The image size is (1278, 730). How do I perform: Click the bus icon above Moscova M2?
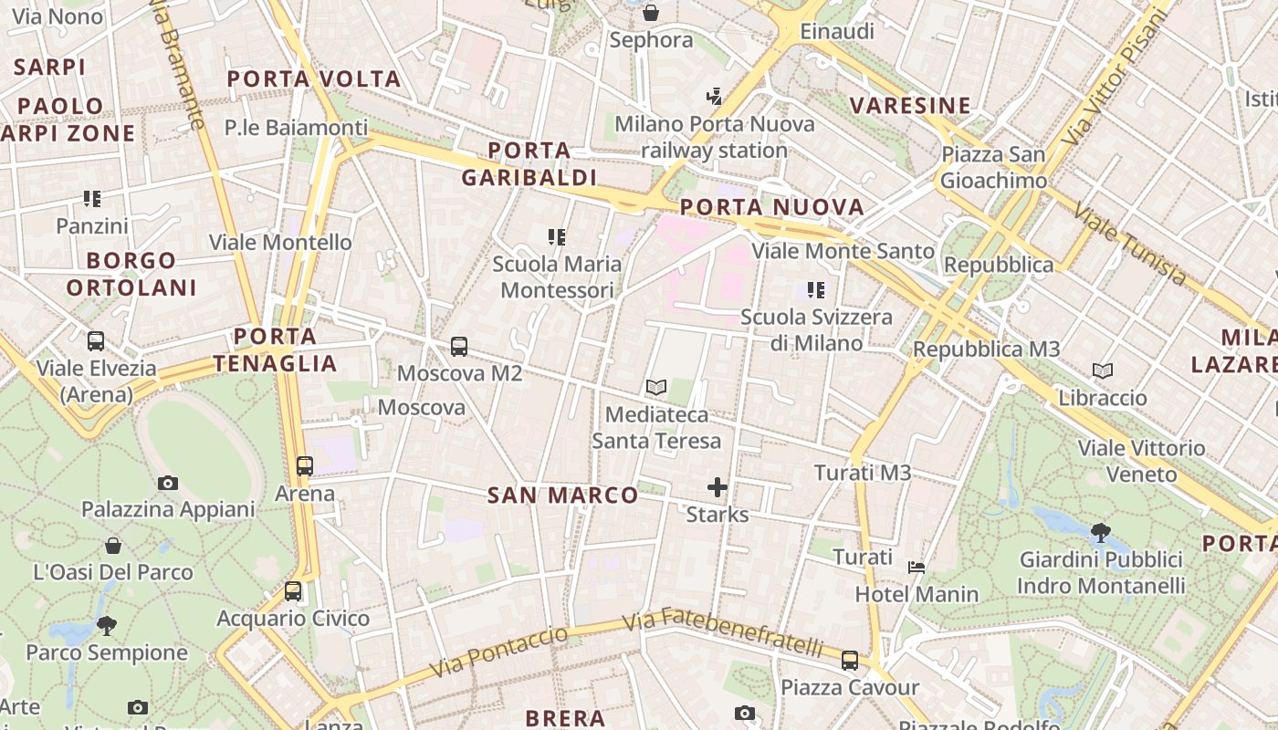click(x=459, y=347)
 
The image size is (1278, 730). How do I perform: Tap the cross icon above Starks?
click(x=718, y=487)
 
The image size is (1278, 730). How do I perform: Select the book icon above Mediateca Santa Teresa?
click(x=655, y=387)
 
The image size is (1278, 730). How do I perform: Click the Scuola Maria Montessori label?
click(x=557, y=276)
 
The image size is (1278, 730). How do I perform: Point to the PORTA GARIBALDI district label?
click(x=529, y=163)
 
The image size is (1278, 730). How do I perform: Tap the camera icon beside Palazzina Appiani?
click(x=167, y=483)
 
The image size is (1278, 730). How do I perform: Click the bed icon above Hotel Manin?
click(x=917, y=567)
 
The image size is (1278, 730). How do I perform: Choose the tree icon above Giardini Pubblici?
click(x=1100, y=531)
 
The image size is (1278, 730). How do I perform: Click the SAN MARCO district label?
click(x=563, y=495)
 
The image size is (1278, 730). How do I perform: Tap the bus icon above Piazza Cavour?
click(x=850, y=660)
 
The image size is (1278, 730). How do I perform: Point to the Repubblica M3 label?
click(x=986, y=349)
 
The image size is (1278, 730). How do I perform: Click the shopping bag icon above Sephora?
click(x=651, y=13)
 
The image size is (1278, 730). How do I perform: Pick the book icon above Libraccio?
click(x=1103, y=370)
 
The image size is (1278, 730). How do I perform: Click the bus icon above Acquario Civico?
click(x=293, y=590)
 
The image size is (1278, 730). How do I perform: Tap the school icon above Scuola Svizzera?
click(x=815, y=290)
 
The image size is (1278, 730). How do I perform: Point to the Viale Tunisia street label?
click(x=1130, y=245)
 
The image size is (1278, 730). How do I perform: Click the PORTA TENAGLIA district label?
click(x=276, y=349)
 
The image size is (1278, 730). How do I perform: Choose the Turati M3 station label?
click(x=862, y=473)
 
